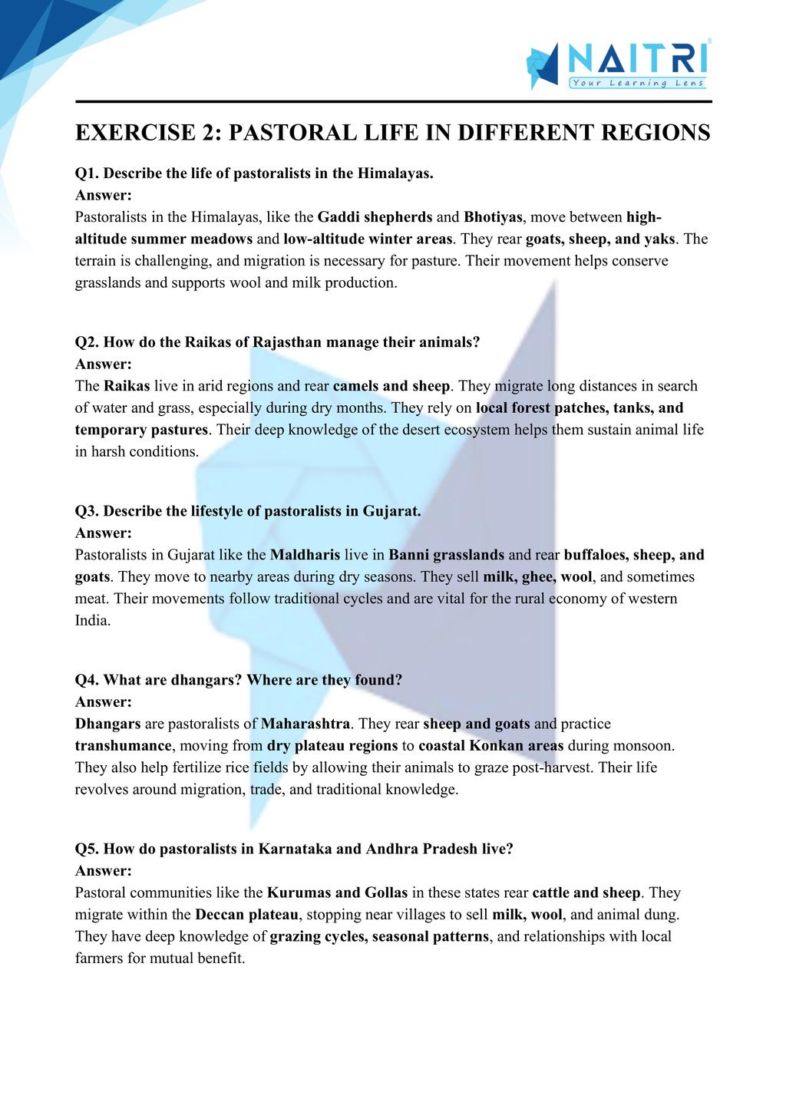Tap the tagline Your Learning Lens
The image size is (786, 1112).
pos(637,83)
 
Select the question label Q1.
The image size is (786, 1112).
pos(87,173)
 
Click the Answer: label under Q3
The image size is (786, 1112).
pos(104,533)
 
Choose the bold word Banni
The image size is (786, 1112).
pos(408,555)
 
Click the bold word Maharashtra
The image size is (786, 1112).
pos(305,724)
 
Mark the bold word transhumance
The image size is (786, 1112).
pos(123,745)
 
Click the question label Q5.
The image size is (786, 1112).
pos(87,849)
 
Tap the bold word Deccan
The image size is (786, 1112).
pos(220,915)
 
